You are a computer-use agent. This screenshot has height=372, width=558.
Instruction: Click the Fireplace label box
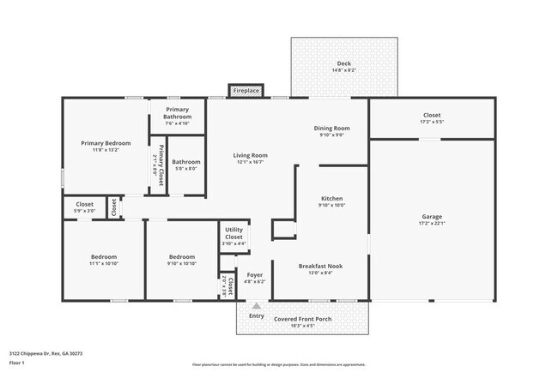click(x=246, y=90)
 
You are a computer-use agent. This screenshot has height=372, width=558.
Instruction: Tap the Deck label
click(x=343, y=63)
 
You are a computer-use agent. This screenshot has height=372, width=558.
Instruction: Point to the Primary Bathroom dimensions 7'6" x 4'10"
click(x=178, y=123)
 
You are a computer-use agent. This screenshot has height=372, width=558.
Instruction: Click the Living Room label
click(x=251, y=155)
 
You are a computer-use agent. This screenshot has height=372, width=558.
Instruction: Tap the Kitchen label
click(x=331, y=198)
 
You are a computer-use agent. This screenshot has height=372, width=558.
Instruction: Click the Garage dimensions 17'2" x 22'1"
click(x=432, y=223)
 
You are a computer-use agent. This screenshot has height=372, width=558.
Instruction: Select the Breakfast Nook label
click(x=320, y=266)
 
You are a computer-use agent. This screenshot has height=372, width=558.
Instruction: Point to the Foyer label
click(x=254, y=275)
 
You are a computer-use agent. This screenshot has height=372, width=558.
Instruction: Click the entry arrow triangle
click(x=256, y=304)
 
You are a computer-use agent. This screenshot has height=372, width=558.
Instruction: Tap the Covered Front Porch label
click(x=302, y=319)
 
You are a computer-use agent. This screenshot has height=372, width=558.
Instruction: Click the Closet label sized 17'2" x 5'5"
click(x=432, y=116)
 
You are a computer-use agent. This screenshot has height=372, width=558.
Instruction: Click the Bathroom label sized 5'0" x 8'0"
click(x=185, y=162)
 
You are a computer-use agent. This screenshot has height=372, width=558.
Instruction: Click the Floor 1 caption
click(x=17, y=362)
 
